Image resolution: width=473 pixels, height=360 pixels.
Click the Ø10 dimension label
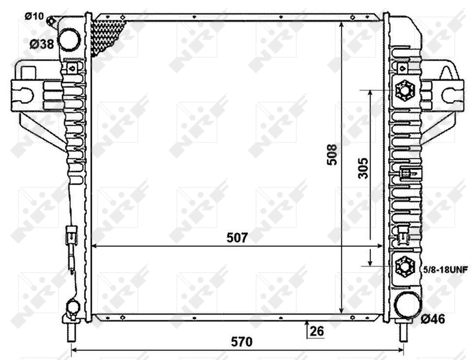pos(34,16)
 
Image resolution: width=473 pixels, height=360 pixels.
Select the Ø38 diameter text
pos(42,43)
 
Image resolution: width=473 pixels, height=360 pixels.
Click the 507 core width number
pos(237,237)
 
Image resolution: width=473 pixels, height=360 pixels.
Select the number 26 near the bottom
pos(317,329)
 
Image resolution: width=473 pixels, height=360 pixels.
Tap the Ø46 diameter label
pos(433,319)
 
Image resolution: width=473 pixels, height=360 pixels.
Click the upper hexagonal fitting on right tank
pos(404,92)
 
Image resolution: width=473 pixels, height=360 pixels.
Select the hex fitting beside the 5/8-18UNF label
pos(404,266)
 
